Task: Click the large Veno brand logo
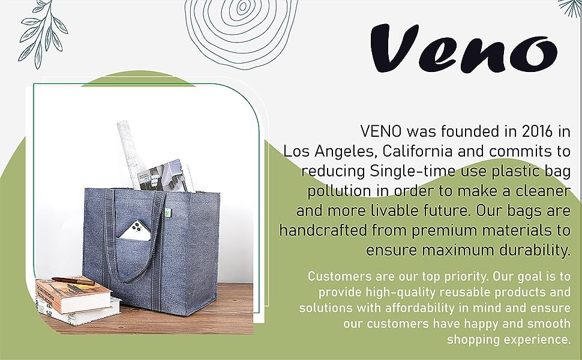464,48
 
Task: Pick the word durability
535,250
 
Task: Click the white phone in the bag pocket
136,231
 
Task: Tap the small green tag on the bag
167,212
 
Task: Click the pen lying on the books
73,281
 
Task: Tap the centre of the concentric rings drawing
242,7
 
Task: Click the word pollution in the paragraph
340,191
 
